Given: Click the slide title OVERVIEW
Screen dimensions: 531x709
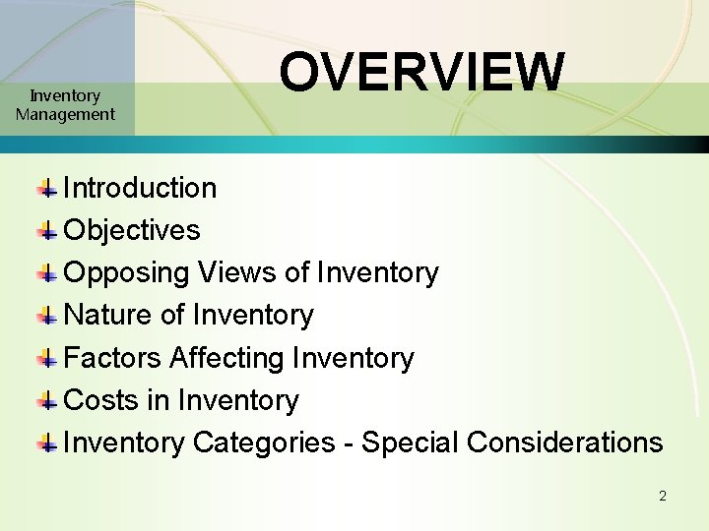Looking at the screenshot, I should point(421,72).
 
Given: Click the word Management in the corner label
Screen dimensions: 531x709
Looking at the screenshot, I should point(65,114).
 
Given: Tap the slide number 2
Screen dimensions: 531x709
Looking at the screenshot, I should point(663,496).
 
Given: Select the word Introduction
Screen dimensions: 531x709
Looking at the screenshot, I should point(140,188).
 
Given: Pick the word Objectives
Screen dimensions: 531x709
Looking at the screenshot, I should point(131,230).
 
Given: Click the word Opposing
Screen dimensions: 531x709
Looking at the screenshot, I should point(126,272).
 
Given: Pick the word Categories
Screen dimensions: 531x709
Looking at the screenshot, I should point(264,442).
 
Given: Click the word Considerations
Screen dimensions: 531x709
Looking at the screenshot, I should point(564,442).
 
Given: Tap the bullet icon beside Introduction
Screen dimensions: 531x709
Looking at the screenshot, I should point(47,188).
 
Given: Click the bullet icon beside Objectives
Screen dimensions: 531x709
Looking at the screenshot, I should point(47,231).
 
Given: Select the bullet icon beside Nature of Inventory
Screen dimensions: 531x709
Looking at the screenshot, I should point(47,316).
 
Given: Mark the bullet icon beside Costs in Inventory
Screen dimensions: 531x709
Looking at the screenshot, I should point(47,401).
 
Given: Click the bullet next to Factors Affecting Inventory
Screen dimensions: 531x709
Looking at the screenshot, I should point(47,359).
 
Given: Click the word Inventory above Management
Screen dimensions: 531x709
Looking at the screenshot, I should point(65,95).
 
